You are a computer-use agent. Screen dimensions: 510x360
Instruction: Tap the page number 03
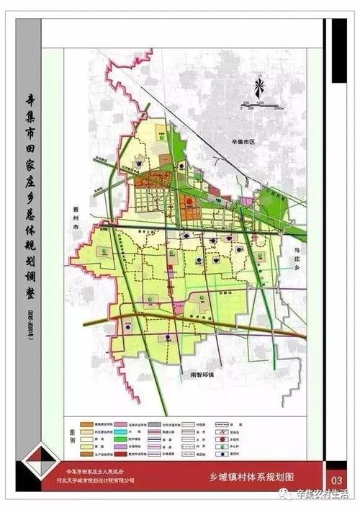(x=336, y=480)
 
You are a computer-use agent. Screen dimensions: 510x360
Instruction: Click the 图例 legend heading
(x=71, y=437)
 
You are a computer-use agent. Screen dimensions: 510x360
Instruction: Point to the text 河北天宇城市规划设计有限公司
(x=100, y=480)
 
